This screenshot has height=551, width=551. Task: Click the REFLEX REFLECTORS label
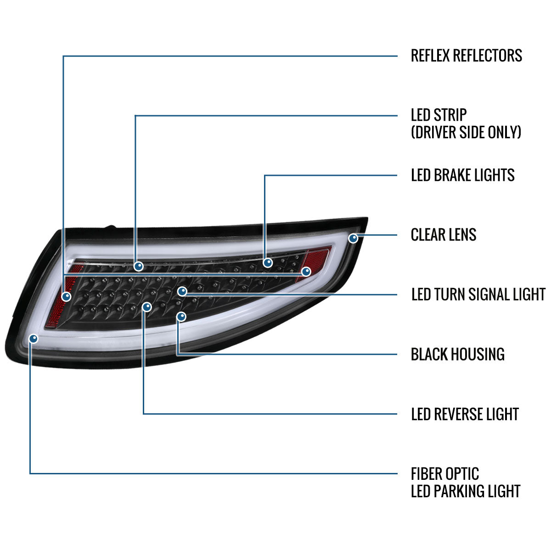466,56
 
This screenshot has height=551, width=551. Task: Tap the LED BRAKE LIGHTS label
462,175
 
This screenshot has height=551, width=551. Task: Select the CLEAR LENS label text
443,235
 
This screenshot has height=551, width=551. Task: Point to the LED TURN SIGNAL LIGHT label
478,294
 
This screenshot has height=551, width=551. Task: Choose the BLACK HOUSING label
457,354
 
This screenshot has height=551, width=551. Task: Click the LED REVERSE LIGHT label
465,414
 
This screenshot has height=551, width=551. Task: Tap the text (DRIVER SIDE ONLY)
466,132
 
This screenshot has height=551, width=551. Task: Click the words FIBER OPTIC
444,473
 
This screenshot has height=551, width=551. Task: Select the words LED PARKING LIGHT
465,491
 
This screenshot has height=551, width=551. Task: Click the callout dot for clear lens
353,238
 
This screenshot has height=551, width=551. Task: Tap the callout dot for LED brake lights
268,263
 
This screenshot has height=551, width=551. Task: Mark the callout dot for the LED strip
138,266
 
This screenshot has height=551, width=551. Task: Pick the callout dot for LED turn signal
182,291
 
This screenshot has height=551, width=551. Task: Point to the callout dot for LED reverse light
146,306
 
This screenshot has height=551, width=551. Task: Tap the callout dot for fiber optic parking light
33,338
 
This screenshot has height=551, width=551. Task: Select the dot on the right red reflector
306,271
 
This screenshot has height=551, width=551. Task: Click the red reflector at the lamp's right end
319,259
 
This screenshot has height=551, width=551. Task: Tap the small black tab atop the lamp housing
110,227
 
